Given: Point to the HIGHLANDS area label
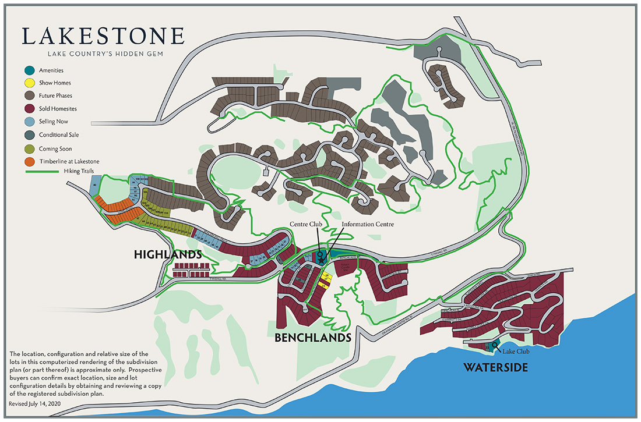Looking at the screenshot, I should point(168,255).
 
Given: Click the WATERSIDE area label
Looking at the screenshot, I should point(495,367).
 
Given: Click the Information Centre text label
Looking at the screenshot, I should point(368,224).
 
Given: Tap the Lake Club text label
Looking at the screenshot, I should point(515,352).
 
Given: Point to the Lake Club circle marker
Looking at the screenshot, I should point(495,346).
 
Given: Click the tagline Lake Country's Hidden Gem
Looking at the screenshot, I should point(103,54).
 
